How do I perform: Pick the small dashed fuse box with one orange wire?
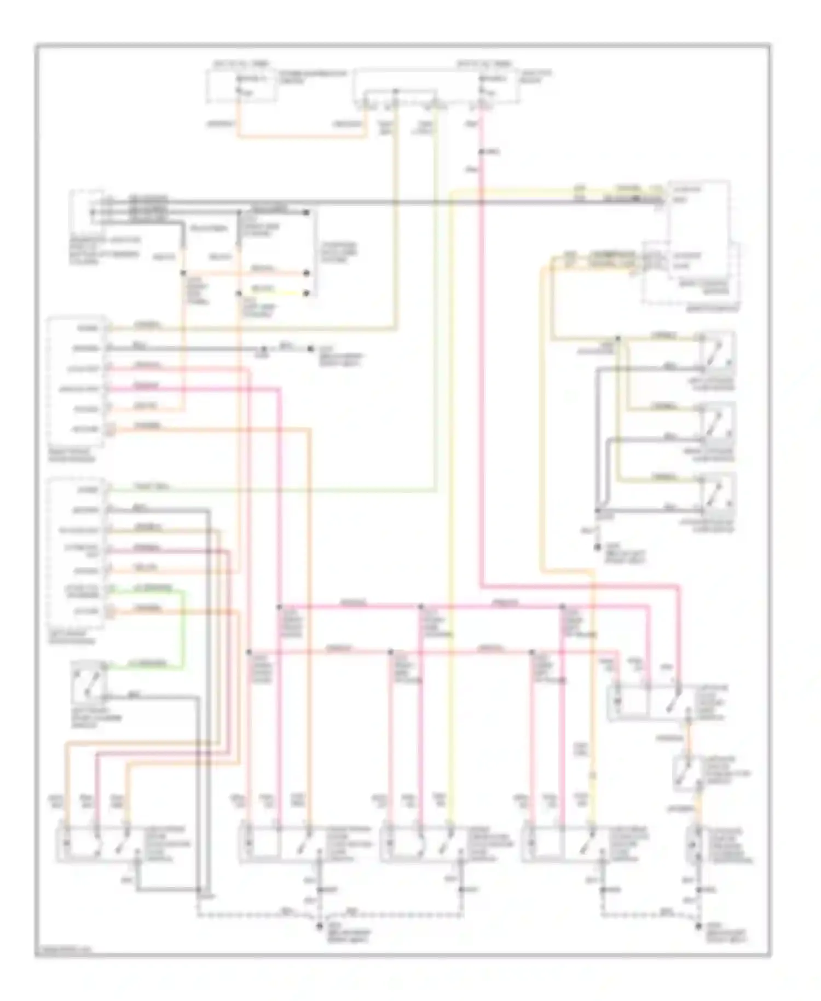pyautogui.click(x=241, y=86)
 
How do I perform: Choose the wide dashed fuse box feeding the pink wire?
pyautogui.click(x=436, y=87)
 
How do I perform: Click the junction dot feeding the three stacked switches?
pyautogui.click(x=618, y=338)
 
